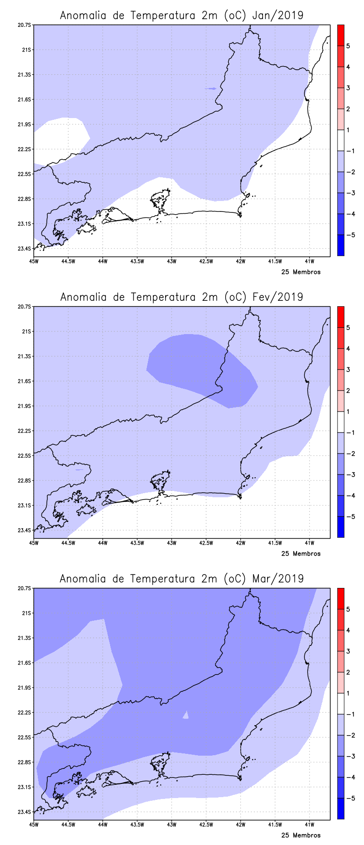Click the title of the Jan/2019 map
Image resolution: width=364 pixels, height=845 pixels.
pyautogui.click(x=182, y=15)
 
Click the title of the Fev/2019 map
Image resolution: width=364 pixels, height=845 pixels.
pyautogui.click(x=182, y=297)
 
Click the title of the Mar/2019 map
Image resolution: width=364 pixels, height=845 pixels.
pyautogui.click(x=182, y=579)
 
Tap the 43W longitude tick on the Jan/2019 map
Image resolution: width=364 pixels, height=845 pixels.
pyautogui.click(x=172, y=261)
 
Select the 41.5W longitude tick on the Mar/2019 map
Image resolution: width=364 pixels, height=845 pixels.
pyautogui.click(x=275, y=824)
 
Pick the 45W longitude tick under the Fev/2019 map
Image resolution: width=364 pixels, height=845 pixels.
pyautogui.click(x=34, y=543)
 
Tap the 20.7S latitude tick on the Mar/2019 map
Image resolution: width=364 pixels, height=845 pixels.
pyautogui.click(x=25, y=588)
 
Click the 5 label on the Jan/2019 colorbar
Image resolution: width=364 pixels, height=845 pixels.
pyautogui.click(x=348, y=46)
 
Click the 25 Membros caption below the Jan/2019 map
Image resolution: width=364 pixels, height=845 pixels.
pyautogui.click(x=301, y=272)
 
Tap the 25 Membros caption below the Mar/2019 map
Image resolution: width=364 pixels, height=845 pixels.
pyautogui.click(x=301, y=835)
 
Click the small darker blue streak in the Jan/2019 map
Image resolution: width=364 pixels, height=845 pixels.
pyautogui.click(x=211, y=88)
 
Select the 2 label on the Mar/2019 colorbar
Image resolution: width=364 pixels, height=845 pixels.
pyautogui.click(x=348, y=672)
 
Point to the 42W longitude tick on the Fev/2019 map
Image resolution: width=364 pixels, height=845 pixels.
pyautogui.click(x=241, y=543)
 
